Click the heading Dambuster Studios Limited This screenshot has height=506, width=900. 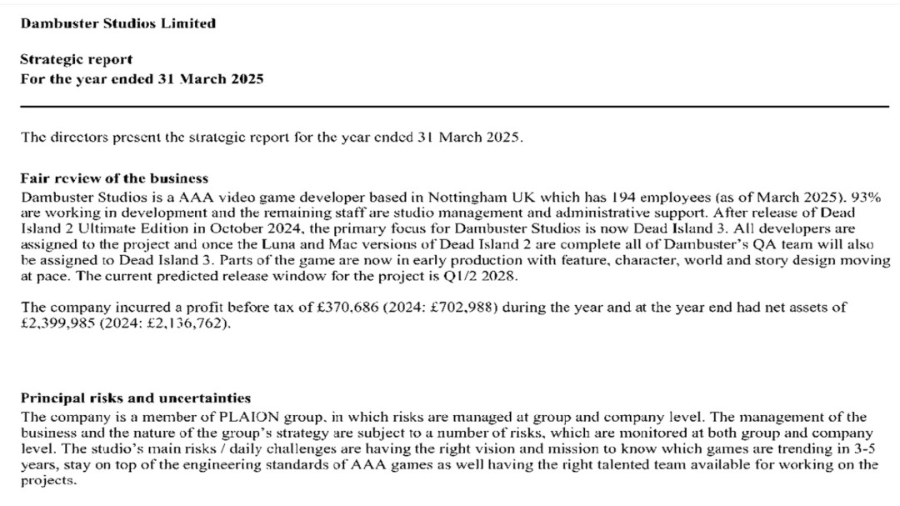(x=117, y=23)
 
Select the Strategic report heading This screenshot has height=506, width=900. (x=76, y=60)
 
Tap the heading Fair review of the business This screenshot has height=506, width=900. (x=114, y=178)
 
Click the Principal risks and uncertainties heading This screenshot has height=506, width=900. (x=136, y=398)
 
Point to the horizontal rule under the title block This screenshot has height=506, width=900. (x=454, y=107)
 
